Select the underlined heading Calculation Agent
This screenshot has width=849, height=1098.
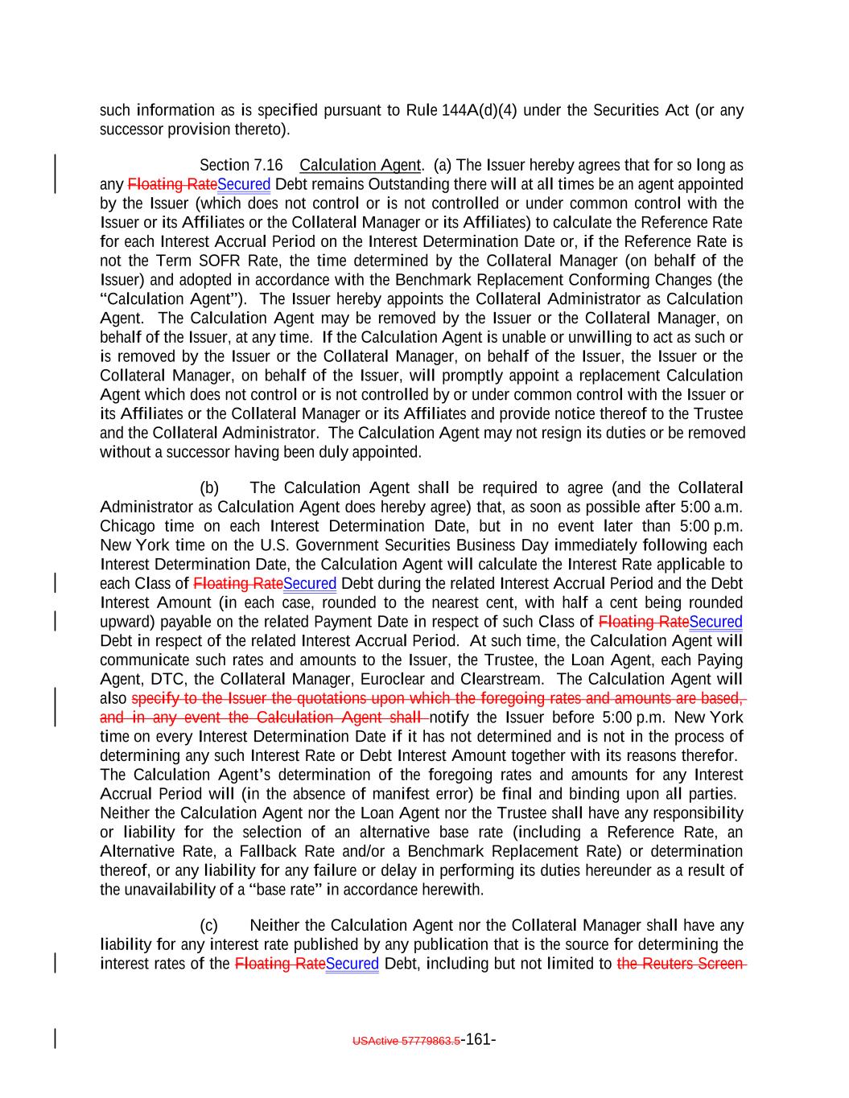point(360,166)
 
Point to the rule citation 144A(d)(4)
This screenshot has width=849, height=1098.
point(479,110)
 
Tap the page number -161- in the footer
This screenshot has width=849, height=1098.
point(479,1039)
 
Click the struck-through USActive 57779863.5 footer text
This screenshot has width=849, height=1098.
point(406,1040)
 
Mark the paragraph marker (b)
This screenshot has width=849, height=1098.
point(209,488)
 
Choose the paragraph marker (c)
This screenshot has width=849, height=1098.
point(209,926)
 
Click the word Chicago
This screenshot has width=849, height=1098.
point(126,527)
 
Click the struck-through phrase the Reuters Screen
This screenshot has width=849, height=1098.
point(681,964)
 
